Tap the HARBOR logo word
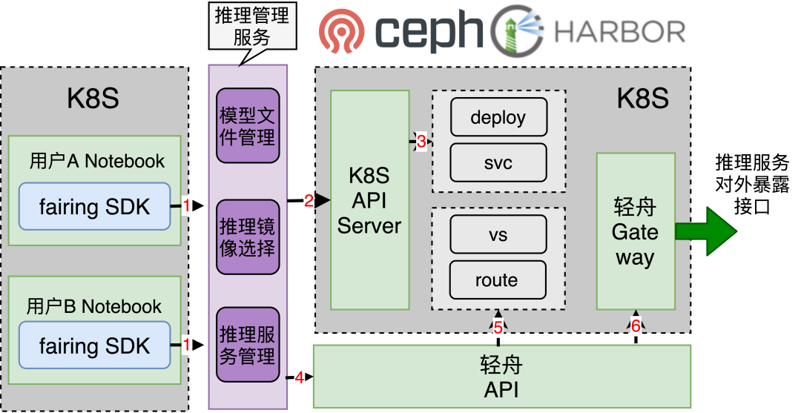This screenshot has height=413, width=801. click(620, 32)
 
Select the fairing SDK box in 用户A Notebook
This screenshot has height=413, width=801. click(94, 207)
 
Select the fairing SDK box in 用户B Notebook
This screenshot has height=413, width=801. click(94, 346)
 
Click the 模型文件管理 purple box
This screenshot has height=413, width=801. click(248, 126)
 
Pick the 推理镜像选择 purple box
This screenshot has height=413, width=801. click(248, 237)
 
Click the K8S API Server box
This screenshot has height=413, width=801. click(369, 200)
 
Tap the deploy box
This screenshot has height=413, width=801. click(498, 117)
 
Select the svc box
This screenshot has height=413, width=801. click(498, 163)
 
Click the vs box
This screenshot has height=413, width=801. click(498, 235)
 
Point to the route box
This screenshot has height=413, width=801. click(498, 280)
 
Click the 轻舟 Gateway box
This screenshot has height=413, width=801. click(636, 231)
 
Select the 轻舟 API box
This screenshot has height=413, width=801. click(502, 377)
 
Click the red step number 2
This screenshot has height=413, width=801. click(309, 200)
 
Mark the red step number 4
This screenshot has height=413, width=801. click(299, 377)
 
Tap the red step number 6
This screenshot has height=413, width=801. click(636, 327)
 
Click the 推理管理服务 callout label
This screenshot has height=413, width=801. click(251, 26)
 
